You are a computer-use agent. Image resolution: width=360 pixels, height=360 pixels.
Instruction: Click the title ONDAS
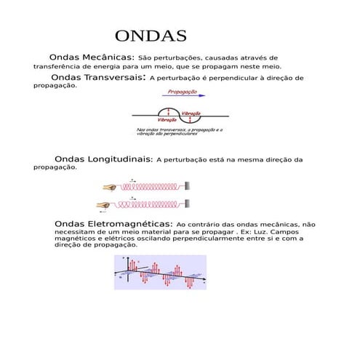(151, 36)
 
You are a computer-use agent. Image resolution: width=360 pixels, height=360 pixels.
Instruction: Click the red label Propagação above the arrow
(182, 92)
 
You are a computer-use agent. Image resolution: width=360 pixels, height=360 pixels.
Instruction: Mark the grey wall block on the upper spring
(188, 186)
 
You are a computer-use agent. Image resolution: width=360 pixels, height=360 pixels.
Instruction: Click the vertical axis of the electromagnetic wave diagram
(129, 269)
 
